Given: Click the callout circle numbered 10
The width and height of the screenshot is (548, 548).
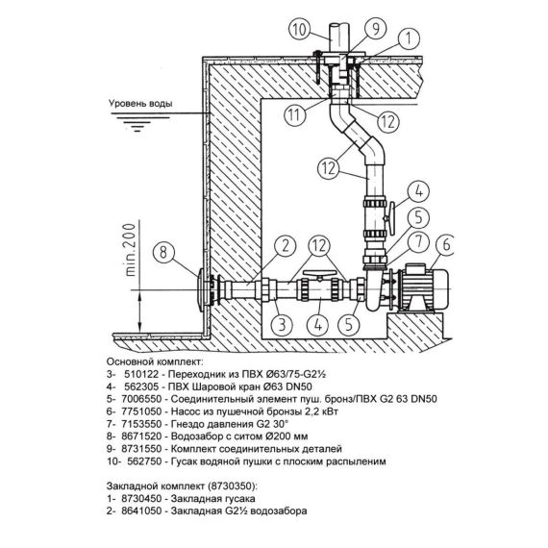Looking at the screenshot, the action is pos(300,30).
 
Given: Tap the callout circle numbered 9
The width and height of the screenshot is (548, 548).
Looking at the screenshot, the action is pos(375,29).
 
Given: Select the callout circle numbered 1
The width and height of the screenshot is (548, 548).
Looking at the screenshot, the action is pos(409,38).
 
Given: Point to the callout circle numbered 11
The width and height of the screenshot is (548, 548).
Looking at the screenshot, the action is pos(294,115).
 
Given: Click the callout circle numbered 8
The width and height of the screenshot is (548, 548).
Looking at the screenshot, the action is pos(164,252).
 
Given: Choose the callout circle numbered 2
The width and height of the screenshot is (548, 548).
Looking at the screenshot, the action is pos(286,246).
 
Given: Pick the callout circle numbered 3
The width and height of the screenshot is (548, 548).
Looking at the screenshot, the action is pos(283,324).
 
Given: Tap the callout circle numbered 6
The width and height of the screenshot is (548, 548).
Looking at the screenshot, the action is pos(444,244).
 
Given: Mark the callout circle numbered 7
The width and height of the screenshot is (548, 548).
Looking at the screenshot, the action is pos(418,242).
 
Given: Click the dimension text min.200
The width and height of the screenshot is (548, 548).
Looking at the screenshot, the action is pos(130,250).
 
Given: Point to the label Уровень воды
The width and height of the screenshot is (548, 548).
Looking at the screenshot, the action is pos(140,104).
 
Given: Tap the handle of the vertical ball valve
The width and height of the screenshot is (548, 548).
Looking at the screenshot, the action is pos(392,218).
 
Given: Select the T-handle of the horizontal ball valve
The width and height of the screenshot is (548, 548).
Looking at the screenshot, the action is pos(319,274).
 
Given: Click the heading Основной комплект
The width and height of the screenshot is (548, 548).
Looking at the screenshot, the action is pos(155,361).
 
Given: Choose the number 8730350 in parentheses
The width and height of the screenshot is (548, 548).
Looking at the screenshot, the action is pos(232,486).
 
